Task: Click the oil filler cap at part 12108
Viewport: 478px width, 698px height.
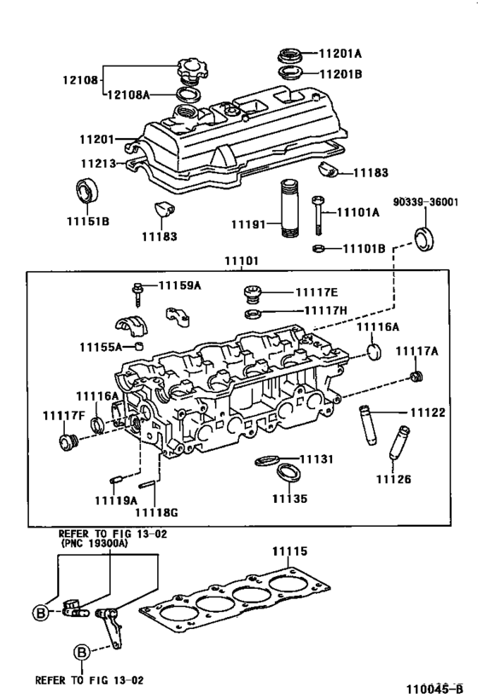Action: (188, 67)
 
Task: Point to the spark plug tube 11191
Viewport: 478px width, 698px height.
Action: (290, 209)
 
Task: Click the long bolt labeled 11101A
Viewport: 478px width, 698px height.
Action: (318, 214)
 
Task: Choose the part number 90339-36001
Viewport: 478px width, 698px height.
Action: (426, 202)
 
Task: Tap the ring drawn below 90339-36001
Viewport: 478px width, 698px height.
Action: (423, 237)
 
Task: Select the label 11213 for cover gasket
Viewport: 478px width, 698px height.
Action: (99, 162)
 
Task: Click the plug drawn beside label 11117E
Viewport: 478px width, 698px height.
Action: (251, 295)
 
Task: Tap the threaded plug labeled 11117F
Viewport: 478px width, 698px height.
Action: (67, 441)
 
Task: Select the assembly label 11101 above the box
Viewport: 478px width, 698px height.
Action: (245, 262)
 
